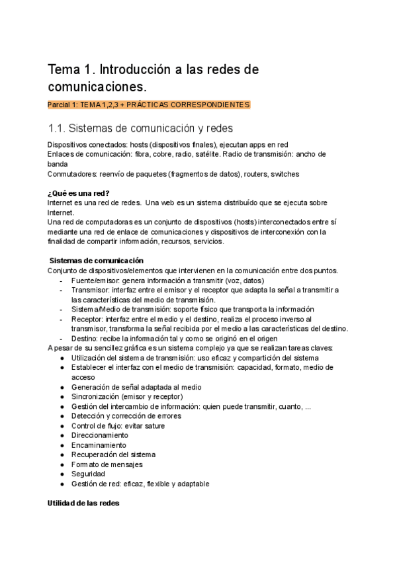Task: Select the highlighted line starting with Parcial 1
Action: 149,105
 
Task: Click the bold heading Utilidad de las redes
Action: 83,503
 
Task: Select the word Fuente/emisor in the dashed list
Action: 93,280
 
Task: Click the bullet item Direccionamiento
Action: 99,436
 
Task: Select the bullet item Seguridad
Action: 88,474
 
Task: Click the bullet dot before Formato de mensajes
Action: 62,464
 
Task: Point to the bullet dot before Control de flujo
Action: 62,426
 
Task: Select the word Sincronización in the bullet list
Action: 98,397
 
